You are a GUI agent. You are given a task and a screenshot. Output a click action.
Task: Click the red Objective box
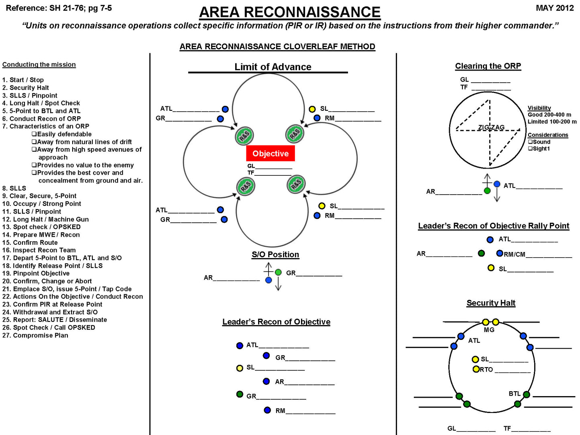click(x=270, y=153)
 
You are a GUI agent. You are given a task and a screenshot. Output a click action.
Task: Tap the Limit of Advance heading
click(x=273, y=67)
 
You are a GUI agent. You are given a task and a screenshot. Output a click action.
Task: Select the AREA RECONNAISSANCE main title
click(x=289, y=12)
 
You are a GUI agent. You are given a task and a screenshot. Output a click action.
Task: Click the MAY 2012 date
click(x=555, y=8)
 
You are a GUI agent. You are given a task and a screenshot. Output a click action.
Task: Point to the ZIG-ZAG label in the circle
click(x=491, y=128)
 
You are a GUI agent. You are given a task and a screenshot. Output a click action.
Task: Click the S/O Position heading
click(x=275, y=254)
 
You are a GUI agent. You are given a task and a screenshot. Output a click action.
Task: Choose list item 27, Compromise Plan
click(x=35, y=335)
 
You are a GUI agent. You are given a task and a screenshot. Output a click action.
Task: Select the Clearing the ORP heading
click(x=488, y=66)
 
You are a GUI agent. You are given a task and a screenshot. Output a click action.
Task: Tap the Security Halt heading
click(x=490, y=303)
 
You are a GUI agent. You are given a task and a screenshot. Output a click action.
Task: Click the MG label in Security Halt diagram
click(x=489, y=330)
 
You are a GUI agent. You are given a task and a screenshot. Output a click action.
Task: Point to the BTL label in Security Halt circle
click(x=514, y=394)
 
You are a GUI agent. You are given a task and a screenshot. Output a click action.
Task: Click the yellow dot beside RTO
click(x=476, y=369)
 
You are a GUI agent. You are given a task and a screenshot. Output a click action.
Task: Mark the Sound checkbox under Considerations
click(x=530, y=142)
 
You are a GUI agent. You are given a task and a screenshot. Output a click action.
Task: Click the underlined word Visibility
click(x=539, y=108)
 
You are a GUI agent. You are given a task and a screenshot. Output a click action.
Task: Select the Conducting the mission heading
click(x=39, y=65)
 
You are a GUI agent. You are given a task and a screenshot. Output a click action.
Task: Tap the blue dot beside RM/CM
click(x=500, y=253)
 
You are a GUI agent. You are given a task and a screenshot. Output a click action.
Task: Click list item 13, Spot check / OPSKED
click(x=41, y=227)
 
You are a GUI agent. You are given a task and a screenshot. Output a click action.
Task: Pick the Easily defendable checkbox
click(x=34, y=134)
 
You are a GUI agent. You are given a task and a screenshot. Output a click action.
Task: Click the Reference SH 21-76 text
click(x=59, y=8)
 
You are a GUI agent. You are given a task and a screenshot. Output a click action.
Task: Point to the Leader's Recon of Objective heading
click(x=276, y=322)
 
